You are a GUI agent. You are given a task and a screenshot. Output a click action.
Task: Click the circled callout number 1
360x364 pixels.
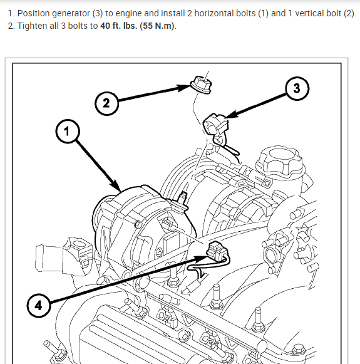(x=68, y=132)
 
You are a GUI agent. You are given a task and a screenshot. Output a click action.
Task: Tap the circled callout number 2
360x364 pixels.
(x=106, y=103)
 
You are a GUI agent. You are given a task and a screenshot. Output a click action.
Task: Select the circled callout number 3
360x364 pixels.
(x=297, y=88)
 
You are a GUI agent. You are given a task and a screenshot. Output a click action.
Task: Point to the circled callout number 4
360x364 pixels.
(x=38, y=306)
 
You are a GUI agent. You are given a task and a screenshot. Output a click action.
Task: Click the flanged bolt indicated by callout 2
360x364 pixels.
(x=201, y=85)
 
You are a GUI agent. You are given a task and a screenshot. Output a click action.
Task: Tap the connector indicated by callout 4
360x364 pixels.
(x=217, y=252)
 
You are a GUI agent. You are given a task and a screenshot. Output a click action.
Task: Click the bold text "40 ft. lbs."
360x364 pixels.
(x=119, y=26)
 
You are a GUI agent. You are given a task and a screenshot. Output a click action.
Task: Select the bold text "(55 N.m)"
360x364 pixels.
(x=157, y=26)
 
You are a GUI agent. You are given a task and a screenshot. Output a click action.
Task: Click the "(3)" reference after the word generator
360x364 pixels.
(x=98, y=13)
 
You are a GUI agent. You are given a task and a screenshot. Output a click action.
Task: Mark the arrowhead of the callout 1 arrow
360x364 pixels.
(x=116, y=186)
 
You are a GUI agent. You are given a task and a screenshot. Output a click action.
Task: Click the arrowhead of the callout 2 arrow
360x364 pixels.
(x=183, y=88)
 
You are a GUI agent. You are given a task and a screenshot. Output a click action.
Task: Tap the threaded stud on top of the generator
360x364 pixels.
(x=183, y=199)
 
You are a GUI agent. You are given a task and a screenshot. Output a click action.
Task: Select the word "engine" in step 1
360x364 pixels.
(x=128, y=14)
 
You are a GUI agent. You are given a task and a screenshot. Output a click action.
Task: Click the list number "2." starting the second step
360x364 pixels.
(x=11, y=26)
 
